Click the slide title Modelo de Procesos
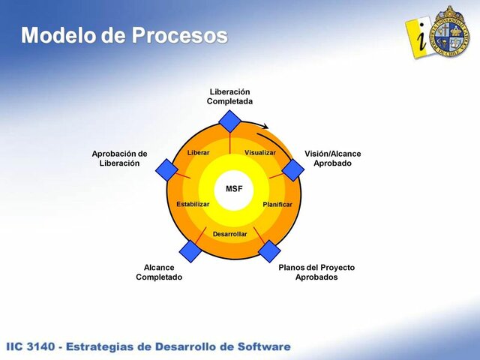124,34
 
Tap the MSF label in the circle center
234,188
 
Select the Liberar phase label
198,153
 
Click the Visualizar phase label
260,153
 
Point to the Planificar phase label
277,204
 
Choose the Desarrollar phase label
229,234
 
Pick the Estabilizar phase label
193,204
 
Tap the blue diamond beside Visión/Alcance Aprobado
292,170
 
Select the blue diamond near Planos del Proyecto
268,250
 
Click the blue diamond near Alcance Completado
190,250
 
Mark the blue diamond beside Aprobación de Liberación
166,170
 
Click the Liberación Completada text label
229,96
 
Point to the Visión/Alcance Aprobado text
332,158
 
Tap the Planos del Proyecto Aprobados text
316,271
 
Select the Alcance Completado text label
159,271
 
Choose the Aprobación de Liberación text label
119,158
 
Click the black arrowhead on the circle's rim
266,127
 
